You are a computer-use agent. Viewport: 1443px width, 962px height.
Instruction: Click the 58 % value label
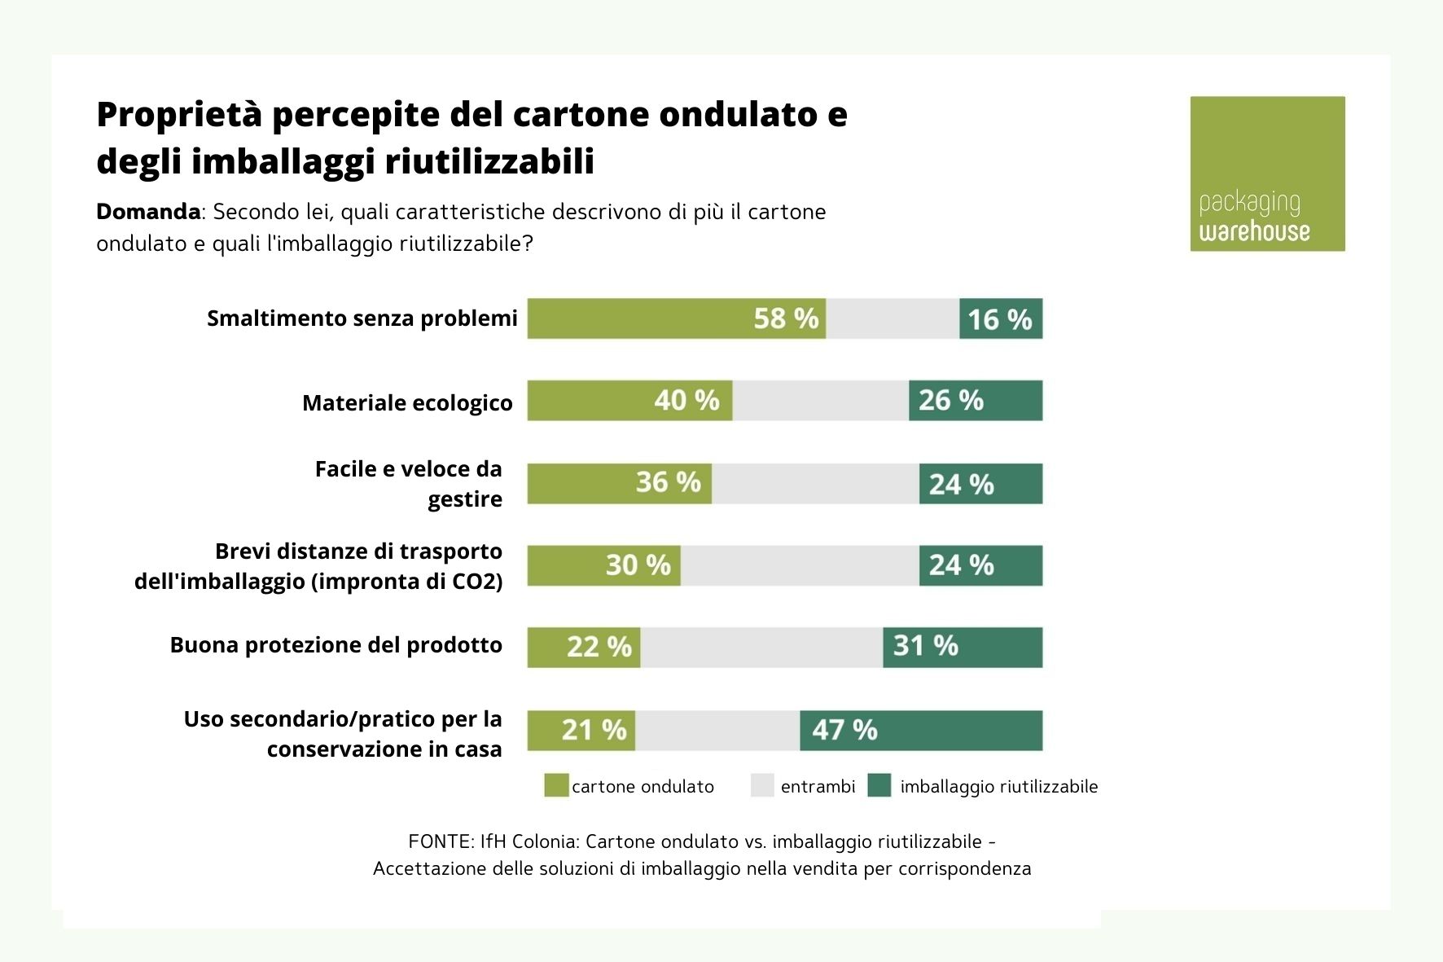(x=786, y=318)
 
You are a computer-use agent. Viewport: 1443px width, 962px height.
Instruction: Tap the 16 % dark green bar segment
(x=1001, y=318)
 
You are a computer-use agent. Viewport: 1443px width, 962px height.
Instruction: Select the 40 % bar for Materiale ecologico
(x=629, y=401)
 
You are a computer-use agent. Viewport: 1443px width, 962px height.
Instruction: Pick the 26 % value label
(x=951, y=401)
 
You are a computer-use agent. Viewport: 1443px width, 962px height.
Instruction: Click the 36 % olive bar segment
(x=619, y=484)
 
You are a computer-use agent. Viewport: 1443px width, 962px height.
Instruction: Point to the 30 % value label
(x=638, y=565)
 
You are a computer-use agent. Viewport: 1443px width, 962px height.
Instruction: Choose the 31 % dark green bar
(x=963, y=648)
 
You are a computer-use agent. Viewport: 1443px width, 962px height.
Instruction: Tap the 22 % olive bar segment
(x=584, y=648)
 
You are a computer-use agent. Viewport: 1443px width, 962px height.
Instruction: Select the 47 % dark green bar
(x=921, y=731)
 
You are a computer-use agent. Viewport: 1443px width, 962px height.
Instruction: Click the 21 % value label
(x=594, y=731)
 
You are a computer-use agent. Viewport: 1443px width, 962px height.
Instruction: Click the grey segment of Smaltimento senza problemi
(x=893, y=318)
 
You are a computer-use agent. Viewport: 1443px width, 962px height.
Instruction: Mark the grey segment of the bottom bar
(x=717, y=731)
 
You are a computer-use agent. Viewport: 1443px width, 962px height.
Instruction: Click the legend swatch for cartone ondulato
(x=556, y=786)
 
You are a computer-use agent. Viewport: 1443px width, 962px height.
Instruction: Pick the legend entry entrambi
(x=818, y=787)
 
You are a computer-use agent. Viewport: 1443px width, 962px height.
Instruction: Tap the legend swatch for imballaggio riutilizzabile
(x=879, y=786)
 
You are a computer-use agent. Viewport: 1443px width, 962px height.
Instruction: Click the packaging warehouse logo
(x=1267, y=174)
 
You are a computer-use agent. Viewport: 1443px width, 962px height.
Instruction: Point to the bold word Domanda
(x=148, y=212)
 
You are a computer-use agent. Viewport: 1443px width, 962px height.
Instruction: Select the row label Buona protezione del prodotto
(x=336, y=645)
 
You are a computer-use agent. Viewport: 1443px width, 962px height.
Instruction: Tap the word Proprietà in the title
(x=179, y=115)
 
